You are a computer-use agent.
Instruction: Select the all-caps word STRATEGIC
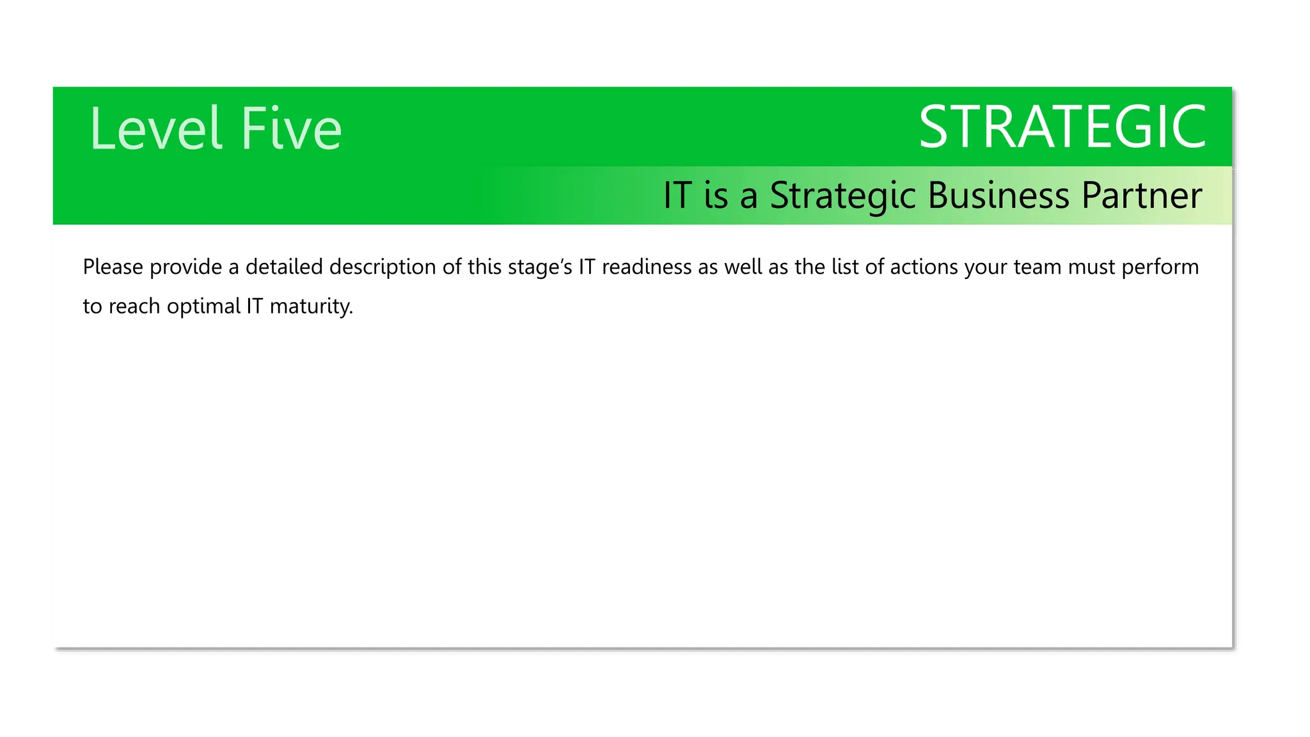(1062, 127)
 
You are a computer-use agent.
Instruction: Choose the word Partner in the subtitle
(1142, 195)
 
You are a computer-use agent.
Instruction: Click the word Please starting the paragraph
(113, 267)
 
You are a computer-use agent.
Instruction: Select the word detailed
(284, 267)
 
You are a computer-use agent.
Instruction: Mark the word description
(383, 267)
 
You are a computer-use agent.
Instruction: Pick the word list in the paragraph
(845, 267)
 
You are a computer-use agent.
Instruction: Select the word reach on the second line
(134, 306)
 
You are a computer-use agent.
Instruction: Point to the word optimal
(203, 307)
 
